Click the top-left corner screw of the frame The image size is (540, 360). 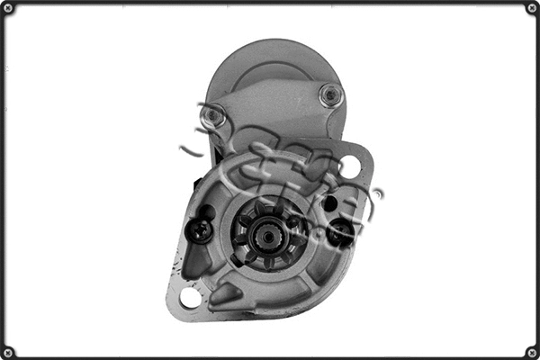tap(8, 8)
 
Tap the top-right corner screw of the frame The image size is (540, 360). tap(532, 8)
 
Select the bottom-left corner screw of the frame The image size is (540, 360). tap(8, 352)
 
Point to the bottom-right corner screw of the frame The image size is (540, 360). tap(532, 352)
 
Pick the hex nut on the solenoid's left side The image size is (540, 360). tap(212, 115)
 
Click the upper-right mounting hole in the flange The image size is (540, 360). tap(350, 166)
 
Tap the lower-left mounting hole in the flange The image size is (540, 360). tap(191, 297)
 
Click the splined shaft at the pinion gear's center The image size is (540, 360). tap(266, 238)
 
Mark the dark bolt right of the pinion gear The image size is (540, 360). tap(341, 235)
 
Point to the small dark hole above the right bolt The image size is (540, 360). tap(330, 203)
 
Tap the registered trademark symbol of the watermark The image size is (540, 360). tap(379, 193)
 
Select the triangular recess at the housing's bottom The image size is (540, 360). tap(225, 292)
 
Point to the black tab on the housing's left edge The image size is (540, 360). tap(194, 180)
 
